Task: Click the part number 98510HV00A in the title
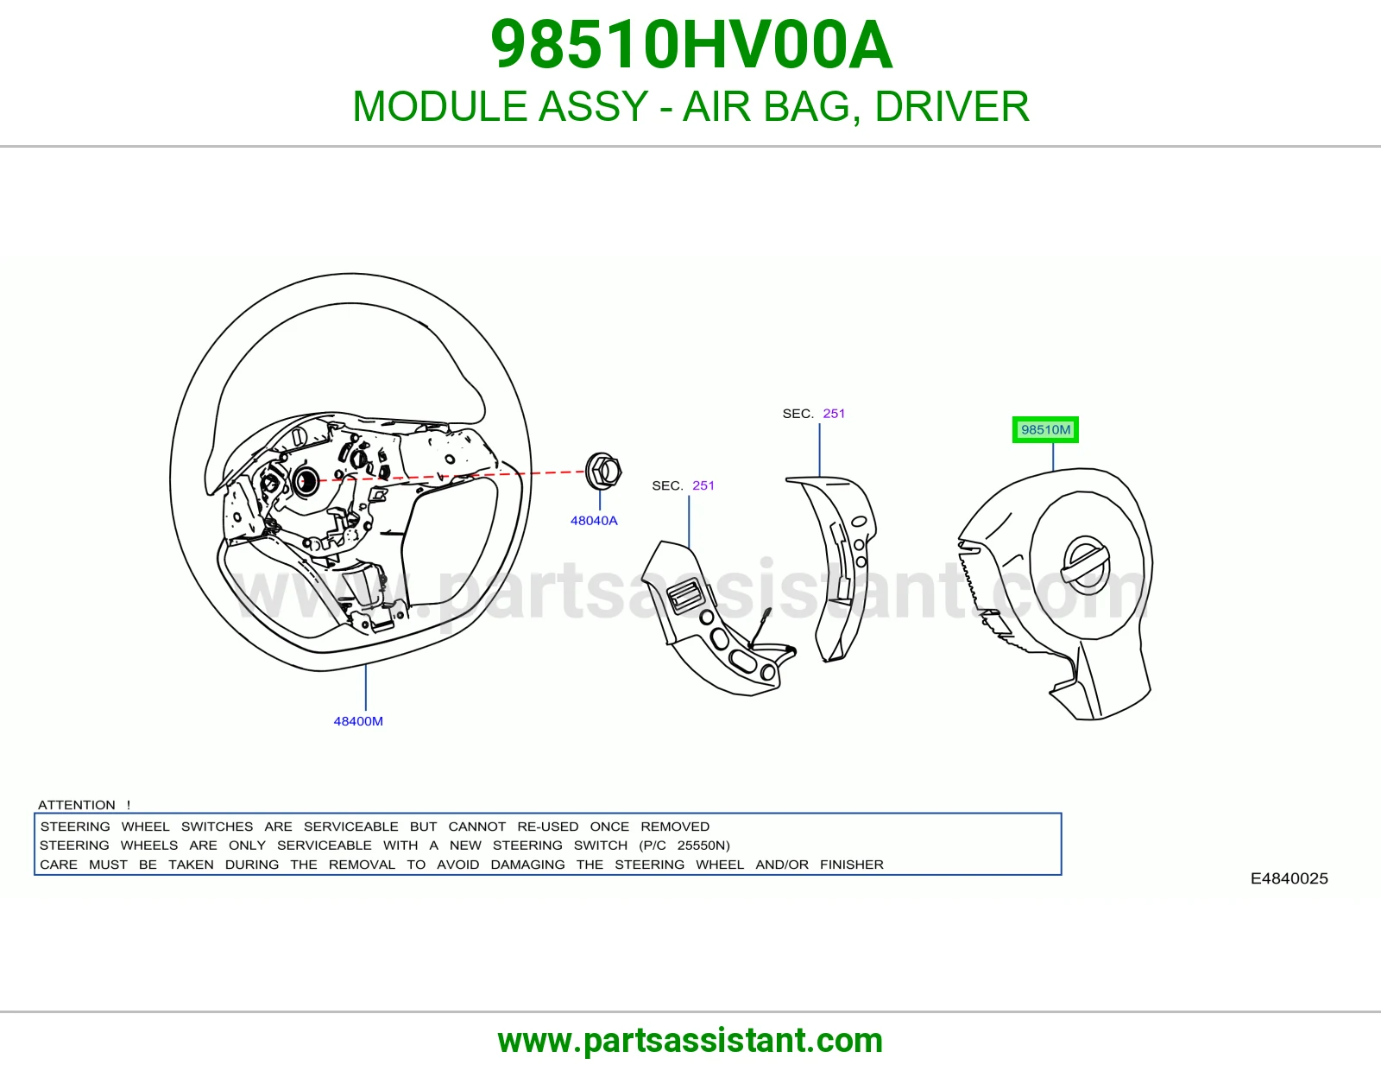pyautogui.click(x=691, y=45)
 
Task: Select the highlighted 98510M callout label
pyautogui.click(x=1045, y=430)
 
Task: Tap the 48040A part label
pyautogui.click(x=594, y=520)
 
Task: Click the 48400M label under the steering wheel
pyautogui.click(x=358, y=721)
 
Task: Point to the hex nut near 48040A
pyautogui.click(x=602, y=472)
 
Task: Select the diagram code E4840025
pyautogui.click(x=1289, y=878)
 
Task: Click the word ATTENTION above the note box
pyautogui.click(x=77, y=804)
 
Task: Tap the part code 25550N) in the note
pyautogui.click(x=703, y=846)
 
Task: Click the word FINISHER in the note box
pyautogui.click(x=852, y=865)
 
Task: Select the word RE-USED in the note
pyautogui.click(x=548, y=827)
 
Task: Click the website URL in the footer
pyautogui.click(x=690, y=1041)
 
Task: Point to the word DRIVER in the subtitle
pyautogui.click(x=952, y=106)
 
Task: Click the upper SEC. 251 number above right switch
pyautogui.click(x=834, y=414)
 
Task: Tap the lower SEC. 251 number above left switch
pyautogui.click(x=703, y=485)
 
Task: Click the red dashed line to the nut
pyautogui.click(x=445, y=476)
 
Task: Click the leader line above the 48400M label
pyautogui.click(x=365, y=688)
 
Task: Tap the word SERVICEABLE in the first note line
pyautogui.click(x=350, y=827)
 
